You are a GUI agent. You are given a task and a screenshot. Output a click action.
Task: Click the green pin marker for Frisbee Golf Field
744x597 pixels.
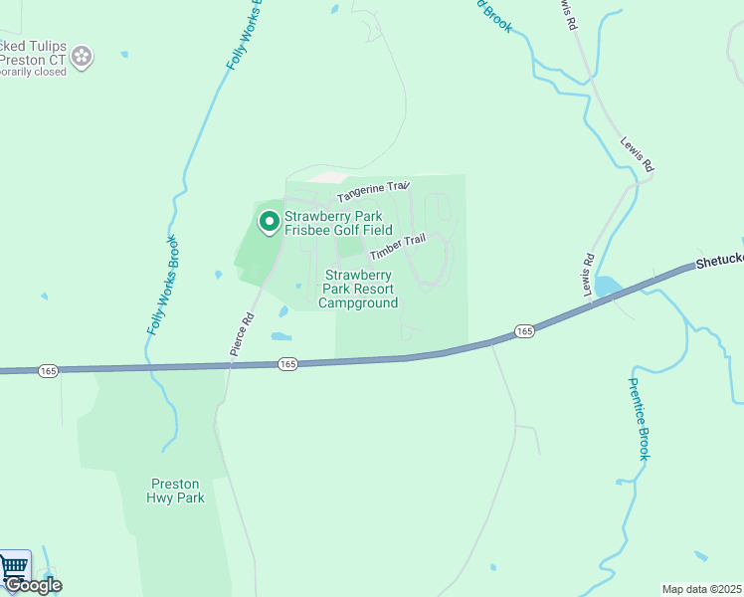click(269, 222)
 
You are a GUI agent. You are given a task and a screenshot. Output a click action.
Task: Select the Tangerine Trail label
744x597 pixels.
click(372, 187)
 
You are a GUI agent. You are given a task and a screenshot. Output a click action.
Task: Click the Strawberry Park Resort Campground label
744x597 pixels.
click(359, 289)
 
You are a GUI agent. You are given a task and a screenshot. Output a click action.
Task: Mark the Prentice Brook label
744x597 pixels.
click(640, 418)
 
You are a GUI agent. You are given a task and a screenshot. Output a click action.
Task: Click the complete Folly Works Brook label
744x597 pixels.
click(163, 285)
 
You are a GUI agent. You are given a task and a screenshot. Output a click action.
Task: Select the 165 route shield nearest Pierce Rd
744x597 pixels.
click(286, 364)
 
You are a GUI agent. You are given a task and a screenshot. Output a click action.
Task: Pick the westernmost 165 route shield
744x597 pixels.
click(48, 370)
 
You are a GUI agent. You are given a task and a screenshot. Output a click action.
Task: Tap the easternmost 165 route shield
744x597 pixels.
click(524, 330)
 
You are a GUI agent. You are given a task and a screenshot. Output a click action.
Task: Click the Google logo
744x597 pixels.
click(33, 585)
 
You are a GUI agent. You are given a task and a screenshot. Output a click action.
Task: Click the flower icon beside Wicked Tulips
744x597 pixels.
click(83, 57)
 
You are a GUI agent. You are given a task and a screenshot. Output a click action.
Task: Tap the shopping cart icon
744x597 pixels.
click(14, 567)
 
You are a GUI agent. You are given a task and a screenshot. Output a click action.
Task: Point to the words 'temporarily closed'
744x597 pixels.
click(32, 72)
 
